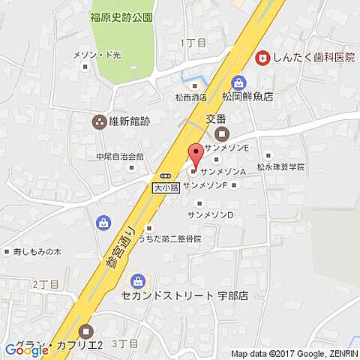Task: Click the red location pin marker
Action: click(196, 154)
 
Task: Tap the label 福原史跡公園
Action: click(121, 16)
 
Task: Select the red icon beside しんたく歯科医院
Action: click(262, 56)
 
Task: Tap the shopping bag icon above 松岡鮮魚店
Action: click(238, 82)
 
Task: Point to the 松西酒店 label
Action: click(191, 97)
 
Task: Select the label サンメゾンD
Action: click(210, 214)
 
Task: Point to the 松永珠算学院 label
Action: click(280, 166)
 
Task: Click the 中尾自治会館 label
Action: click(119, 157)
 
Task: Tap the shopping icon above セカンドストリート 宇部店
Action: click(138, 281)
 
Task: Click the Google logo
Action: click(26, 349)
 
